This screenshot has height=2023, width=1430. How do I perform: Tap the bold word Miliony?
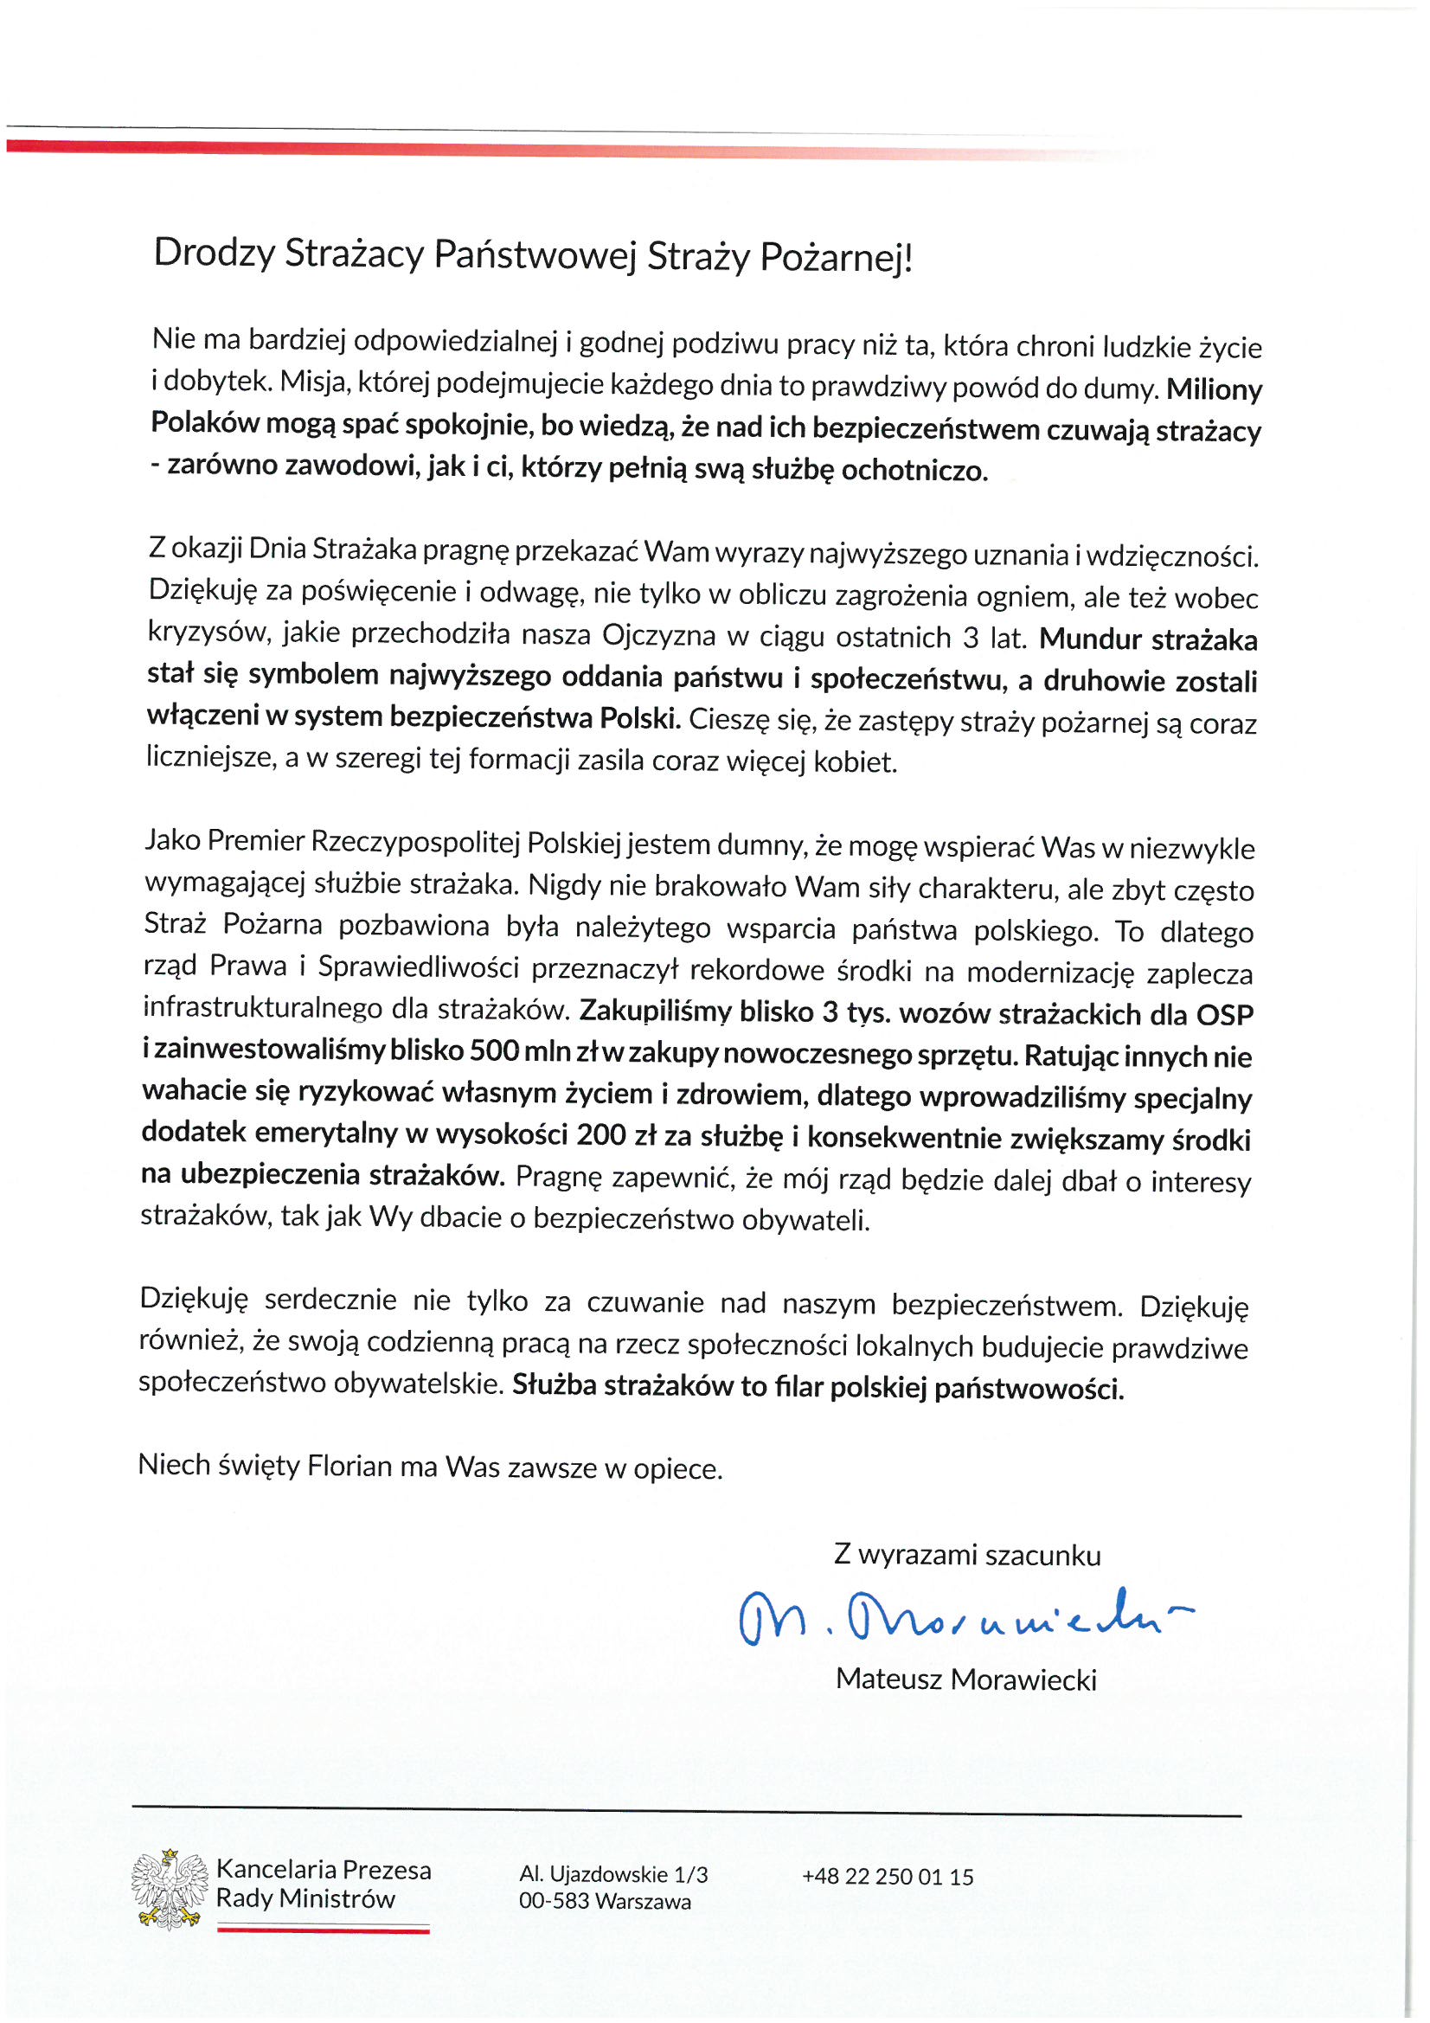(1214, 389)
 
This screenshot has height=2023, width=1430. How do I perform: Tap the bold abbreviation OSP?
(1225, 1015)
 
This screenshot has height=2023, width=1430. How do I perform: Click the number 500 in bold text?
(493, 1050)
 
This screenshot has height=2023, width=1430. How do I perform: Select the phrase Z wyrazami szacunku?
(966, 1555)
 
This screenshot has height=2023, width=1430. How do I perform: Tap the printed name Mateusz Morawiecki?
(965, 1679)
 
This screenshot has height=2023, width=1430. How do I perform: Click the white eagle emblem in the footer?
(170, 1889)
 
